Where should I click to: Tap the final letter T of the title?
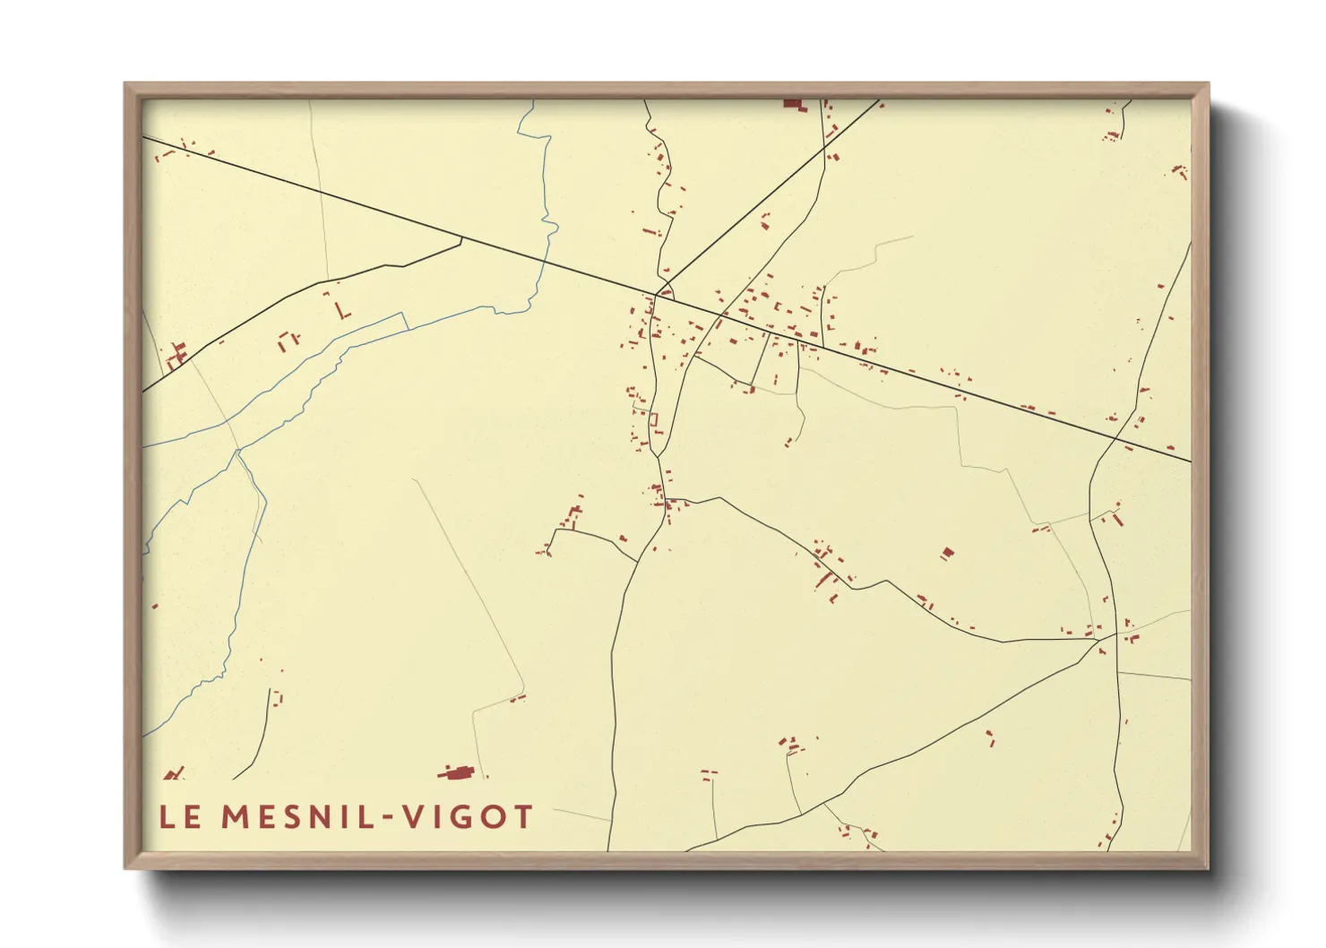522,816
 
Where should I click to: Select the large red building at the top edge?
792,104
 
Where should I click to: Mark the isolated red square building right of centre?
947,553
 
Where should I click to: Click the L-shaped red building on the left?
342,311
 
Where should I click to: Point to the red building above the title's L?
174,773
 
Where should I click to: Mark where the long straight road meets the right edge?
1191,461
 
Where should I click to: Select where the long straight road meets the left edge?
143,137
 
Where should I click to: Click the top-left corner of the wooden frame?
125,84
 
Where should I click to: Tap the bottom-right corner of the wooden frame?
1208,867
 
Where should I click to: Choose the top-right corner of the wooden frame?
1208,84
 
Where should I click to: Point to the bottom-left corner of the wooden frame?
125,867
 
